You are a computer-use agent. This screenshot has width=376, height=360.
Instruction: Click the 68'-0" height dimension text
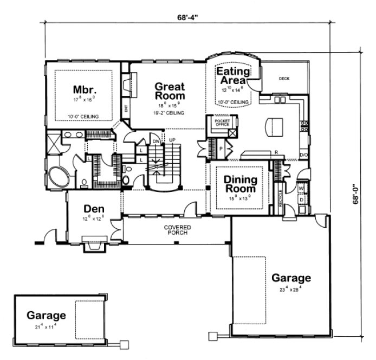pyautogui.click(x=356, y=192)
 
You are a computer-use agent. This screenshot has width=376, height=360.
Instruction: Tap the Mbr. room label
pyautogui.click(x=85, y=89)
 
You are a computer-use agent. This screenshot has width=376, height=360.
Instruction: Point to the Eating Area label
pyautogui.click(x=233, y=76)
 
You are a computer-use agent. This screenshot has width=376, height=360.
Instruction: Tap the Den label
pyautogui.click(x=94, y=209)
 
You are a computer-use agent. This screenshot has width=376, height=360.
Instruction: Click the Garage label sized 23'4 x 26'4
pyautogui.click(x=291, y=278)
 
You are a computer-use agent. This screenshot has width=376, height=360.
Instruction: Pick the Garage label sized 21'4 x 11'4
pyautogui.click(x=47, y=315)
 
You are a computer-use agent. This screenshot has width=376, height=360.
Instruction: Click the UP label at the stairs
pyautogui.click(x=173, y=141)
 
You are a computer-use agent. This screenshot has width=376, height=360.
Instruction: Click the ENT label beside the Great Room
pyautogui.click(x=126, y=109)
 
